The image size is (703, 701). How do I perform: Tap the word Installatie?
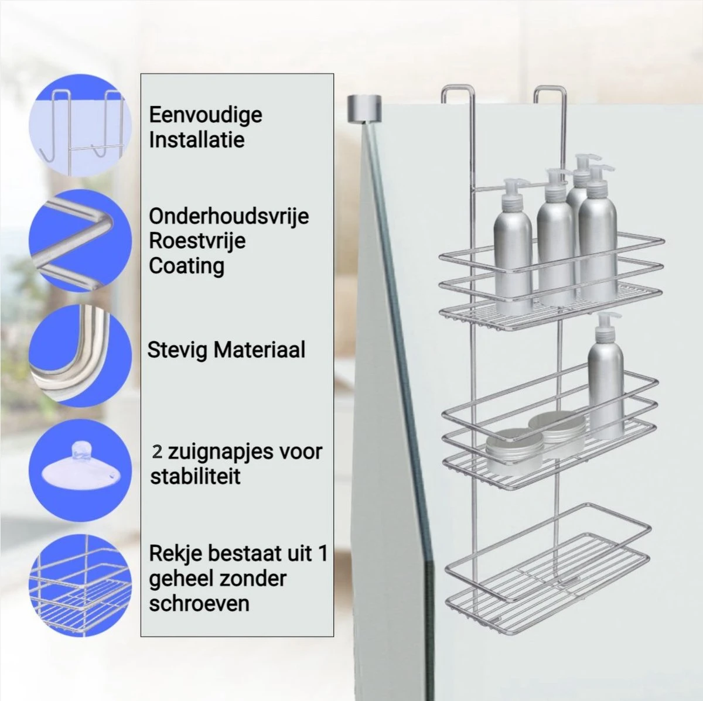197,140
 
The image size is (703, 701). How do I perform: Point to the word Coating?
186,266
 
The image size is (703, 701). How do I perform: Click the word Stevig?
178,350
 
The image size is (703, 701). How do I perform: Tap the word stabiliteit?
195,476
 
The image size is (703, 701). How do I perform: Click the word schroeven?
199,604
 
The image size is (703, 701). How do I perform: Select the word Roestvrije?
197,241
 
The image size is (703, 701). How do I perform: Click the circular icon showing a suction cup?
80,470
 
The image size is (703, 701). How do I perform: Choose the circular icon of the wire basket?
80,585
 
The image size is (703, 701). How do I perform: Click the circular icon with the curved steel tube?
80,355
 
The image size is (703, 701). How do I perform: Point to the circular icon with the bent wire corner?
80,241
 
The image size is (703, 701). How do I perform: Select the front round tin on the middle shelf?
514,452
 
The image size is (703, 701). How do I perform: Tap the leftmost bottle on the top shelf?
513,247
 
